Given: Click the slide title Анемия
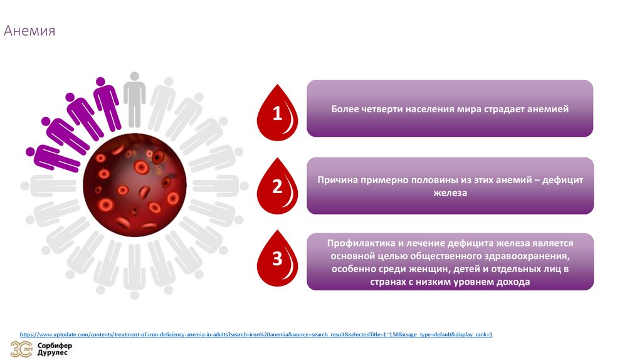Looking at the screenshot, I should [30, 31].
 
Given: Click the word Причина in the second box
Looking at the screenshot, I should [338, 180].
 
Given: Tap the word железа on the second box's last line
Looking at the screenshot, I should [450, 194].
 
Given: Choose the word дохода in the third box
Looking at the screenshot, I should [513, 282].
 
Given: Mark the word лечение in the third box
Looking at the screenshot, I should [433, 243].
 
